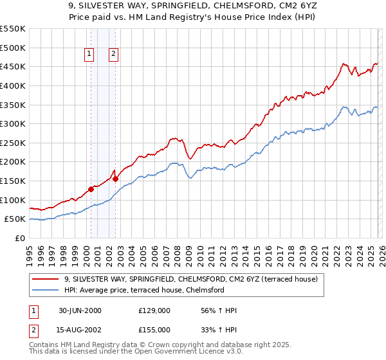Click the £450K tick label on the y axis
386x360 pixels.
(13, 66)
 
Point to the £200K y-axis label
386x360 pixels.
(13, 161)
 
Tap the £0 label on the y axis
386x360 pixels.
(20, 238)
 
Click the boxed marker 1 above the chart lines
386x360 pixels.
(89, 55)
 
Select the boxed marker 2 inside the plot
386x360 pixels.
(113, 55)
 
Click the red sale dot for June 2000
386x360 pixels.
(91, 189)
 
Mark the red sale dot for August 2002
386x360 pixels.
(116, 179)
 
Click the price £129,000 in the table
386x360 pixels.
(154, 310)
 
